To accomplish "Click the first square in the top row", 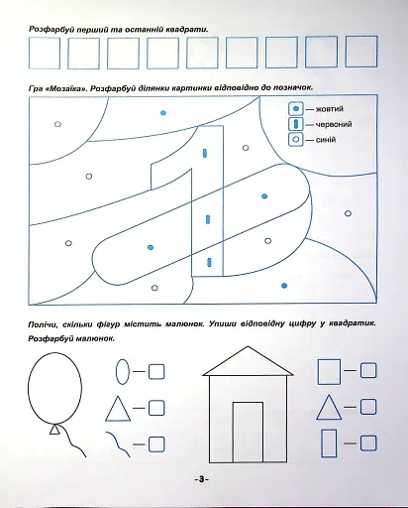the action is coord(45,53).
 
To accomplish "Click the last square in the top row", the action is coord(361,52).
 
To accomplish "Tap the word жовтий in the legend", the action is coord(330,109).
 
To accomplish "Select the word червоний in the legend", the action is coord(334,124).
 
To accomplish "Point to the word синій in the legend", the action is coord(326,140).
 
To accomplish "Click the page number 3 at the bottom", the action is coord(202,479).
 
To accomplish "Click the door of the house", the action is coord(248,432).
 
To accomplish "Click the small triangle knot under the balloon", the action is coord(54,430).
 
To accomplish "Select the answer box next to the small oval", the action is coord(156,371).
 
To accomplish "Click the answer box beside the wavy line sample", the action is coord(156,444).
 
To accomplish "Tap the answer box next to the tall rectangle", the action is coord(368,444).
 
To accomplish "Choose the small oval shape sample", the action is coord(123,371).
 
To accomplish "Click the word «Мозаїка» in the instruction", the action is coord(64,88).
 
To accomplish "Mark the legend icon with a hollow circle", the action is coord(296,139).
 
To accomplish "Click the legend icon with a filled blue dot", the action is coord(296,108).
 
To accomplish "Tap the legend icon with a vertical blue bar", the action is coord(296,124).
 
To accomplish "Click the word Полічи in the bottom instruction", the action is coord(41,324).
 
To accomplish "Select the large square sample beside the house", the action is coord(329,372).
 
